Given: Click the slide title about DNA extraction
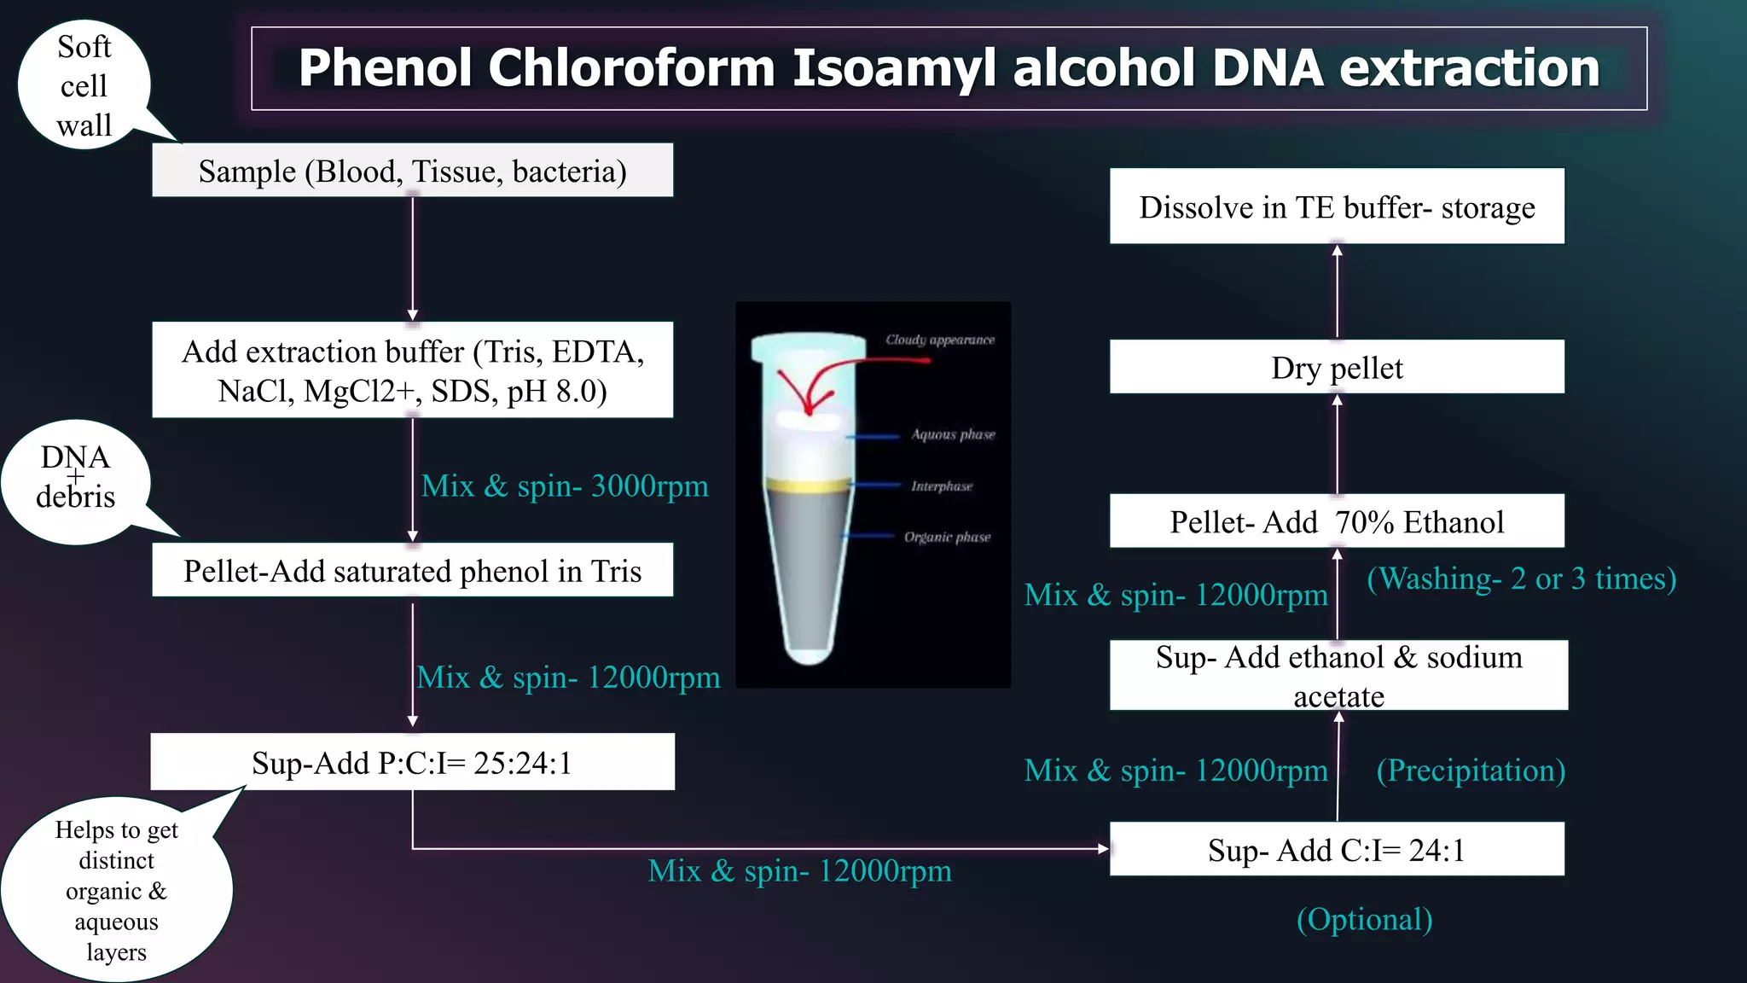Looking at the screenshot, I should pyautogui.click(x=949, y=68).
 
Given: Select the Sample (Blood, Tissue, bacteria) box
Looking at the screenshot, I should pyautogui.click(x=412, y=171).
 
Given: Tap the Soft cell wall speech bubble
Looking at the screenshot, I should pyautogui.click(x=84, y=86).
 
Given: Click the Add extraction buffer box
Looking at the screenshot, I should pyautogui.click(x=412, y=370).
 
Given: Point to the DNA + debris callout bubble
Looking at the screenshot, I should pyautogui.click(x=75, y=480).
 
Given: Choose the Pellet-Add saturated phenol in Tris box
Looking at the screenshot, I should pyautogui.click(x=412, y=570).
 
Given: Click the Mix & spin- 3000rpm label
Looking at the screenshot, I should pyautogui.click(x=565, y=486).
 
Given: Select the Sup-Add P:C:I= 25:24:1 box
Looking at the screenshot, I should pyautogui.click(x=412, y=762).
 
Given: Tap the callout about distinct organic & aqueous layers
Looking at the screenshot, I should pyautogui.click(x=116, y=890).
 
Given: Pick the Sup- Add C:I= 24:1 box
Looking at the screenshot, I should pyautogui.click(x=1337, y=850).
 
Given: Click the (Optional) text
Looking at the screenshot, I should pyautogui.click(x=1364, y=920).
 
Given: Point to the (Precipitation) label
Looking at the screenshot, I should pyautogui.click(x=1471, y=771).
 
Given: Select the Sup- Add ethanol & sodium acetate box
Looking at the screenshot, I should pyautogui.click(x=1338, y=676).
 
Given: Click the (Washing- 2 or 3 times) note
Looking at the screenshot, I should pyautogui.click(x=1521, y=579).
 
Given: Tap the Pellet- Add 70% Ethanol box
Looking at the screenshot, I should pyautogui.click(x=1337, y=521).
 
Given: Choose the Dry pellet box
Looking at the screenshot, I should pyautogui.click(x=1337, y=368).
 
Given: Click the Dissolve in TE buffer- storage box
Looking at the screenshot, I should pyautogui.click(x=1337, y=207).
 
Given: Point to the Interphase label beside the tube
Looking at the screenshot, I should pyautogui.click(x=942, y=486).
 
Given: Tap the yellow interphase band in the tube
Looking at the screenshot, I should pyautogui.click(x=807, y=486).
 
